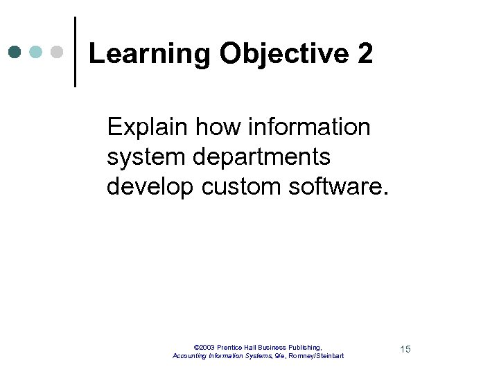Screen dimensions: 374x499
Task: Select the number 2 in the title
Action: click(365, 53)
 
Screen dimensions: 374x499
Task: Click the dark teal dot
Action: click(15, 52)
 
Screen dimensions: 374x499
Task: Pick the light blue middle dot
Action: click(35, 52)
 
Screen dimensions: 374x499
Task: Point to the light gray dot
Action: click(57, 52)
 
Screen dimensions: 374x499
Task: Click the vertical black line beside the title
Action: click(74, 52)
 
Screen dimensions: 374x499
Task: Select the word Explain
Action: click(148, 127)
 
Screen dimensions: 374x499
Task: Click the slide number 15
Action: click(405, 349)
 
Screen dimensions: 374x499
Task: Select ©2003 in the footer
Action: click(204, 346)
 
